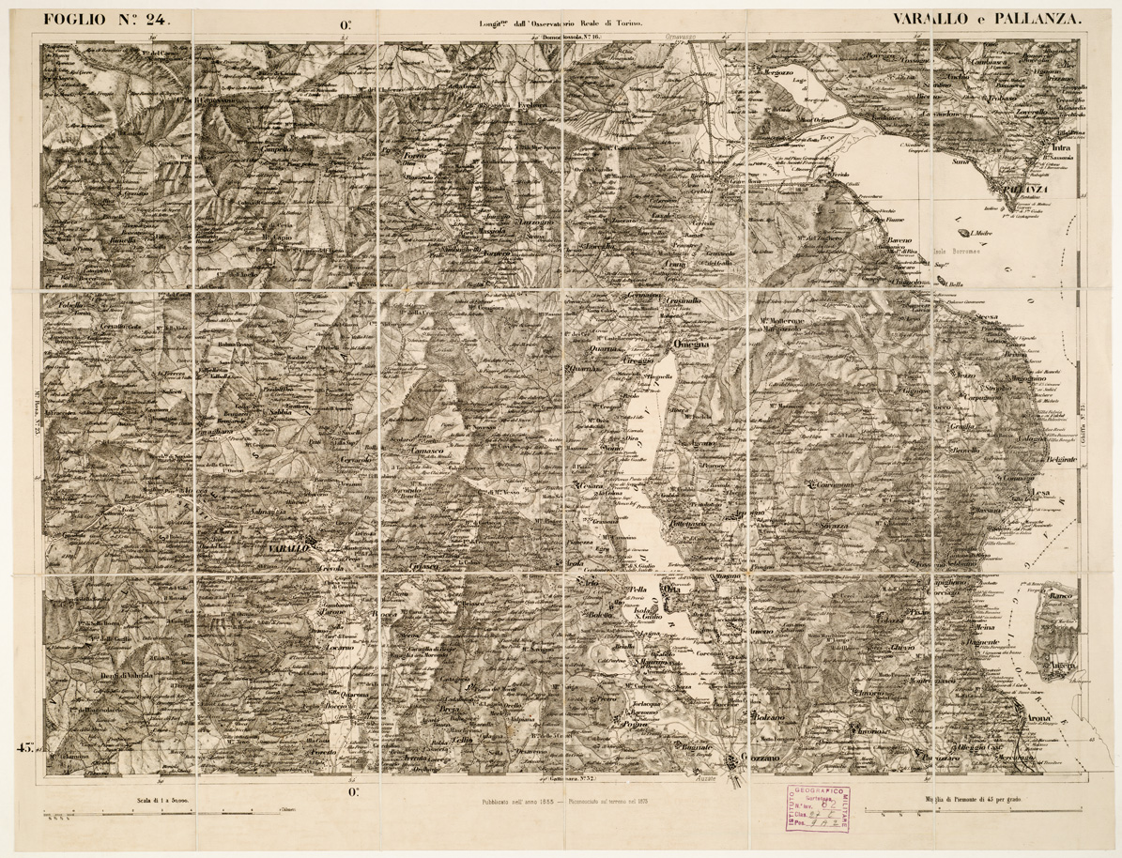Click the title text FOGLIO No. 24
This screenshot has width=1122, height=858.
[x=103, y=16]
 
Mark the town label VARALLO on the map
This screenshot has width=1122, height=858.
[x=288, y=548]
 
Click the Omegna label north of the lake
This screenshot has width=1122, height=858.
[x=695, y=345]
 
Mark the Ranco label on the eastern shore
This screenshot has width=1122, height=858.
[x=1061, y=595]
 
